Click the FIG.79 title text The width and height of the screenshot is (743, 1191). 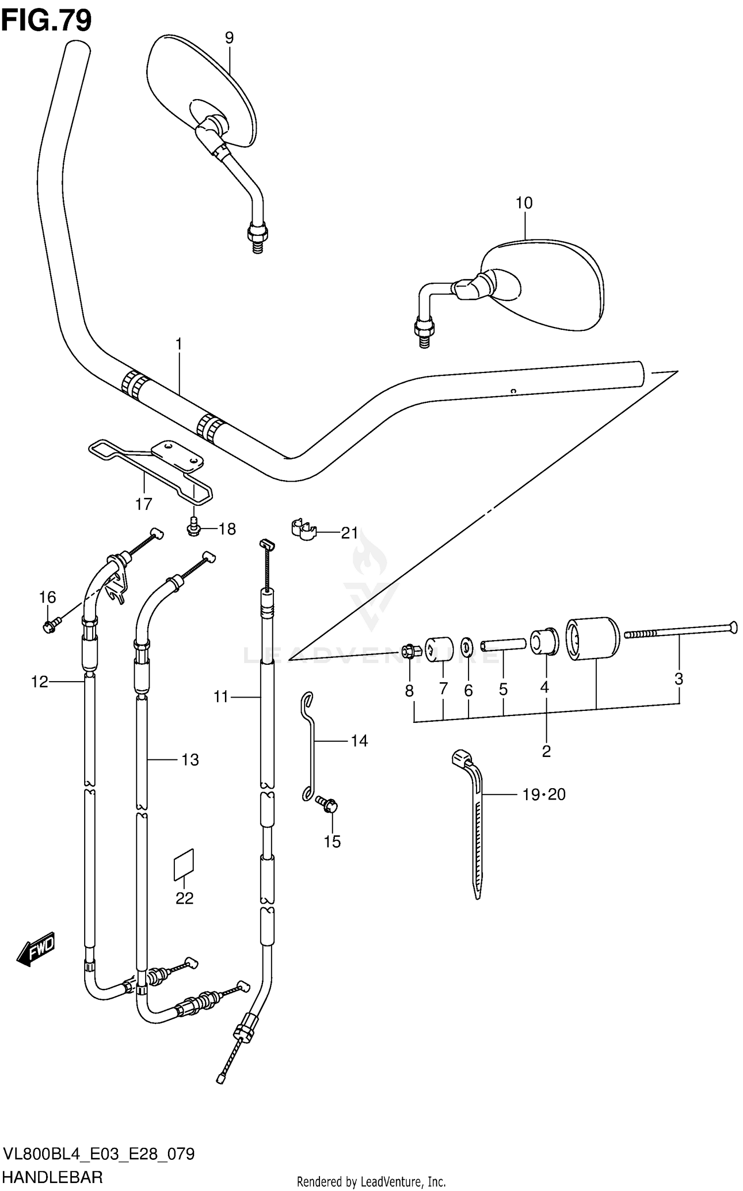click(47, 21)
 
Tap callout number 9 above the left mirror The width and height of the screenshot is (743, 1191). click(229, 38)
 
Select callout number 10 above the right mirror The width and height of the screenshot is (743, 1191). click(524, 203)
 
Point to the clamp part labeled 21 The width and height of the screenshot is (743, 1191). click(303, 530)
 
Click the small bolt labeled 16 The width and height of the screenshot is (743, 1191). click(50, 626)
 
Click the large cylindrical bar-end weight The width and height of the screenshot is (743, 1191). click(592, 639)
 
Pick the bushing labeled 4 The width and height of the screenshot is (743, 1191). click(544, 642)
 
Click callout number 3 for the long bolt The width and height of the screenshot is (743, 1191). click(679, 678)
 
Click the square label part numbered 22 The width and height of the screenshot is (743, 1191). click(184, 865)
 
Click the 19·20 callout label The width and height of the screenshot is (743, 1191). click(543, 794)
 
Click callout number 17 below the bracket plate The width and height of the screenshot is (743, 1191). click(144, 504)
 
